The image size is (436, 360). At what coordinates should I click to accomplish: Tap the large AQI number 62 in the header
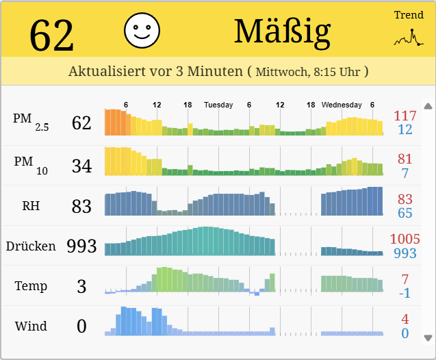click(x=51, y=35)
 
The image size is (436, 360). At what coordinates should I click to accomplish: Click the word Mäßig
click(x=282, y=31)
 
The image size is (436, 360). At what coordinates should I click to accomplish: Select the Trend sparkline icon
click(x=409, y=39)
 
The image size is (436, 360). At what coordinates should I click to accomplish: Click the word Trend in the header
click(x=409, y=15)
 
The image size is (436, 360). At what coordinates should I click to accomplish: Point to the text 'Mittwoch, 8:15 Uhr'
click(x=309, y=71)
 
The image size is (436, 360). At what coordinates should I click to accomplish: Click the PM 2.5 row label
click(x=31, y=120)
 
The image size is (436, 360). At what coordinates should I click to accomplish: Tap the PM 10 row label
click(x=31, y=164)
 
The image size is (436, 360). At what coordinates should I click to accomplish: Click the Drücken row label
click(x=31, y=246)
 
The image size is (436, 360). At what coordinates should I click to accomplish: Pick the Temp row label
click(x=31, y=286)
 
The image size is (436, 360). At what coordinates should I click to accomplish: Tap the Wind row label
click(x=31, y=326)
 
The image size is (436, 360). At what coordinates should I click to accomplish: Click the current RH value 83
click(x=81, y=205)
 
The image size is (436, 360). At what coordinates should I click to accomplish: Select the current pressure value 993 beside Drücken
click(x=81, y=246)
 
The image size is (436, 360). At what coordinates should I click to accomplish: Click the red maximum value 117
click(x=405, y=116)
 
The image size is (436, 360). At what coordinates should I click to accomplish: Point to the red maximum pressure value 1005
click(x=405, y=239)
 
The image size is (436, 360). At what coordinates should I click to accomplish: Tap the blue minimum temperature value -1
click(x=405, y=293)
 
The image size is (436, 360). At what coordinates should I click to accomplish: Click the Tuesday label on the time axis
click(x=218, y=105)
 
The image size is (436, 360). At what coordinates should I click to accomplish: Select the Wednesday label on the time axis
click(x=342, y=105)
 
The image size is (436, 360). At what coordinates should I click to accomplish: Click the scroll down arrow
click(x=428, y=337)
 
